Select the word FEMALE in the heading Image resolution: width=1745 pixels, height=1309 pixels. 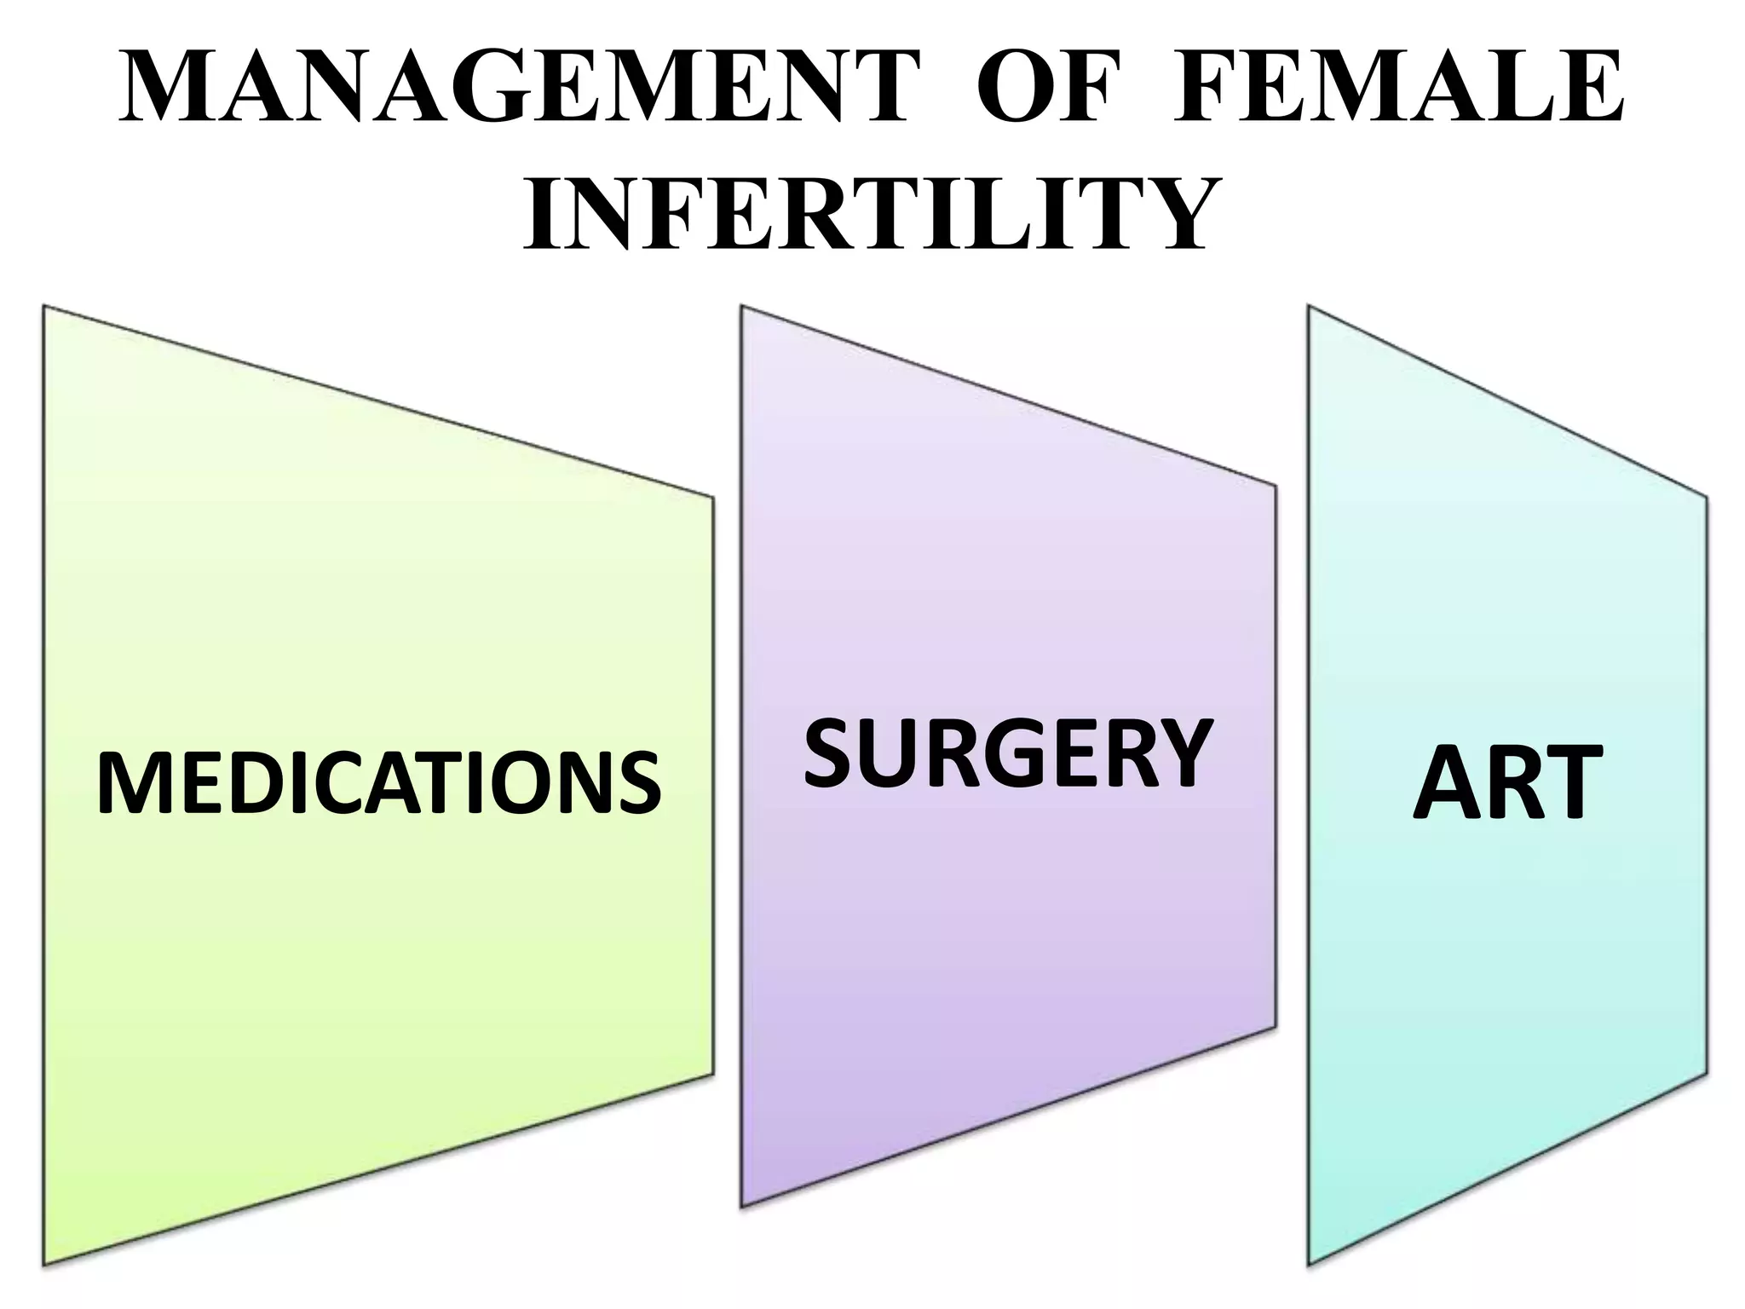coord(1397,89)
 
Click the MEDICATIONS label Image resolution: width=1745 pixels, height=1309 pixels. coord(378,783)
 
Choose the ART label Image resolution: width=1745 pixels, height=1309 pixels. coord(1506,783)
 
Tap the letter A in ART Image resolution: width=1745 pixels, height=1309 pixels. coord(1448,783)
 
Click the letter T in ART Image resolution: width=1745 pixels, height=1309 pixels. coord(1568,783)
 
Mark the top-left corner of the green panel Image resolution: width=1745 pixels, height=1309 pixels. coord(44,306)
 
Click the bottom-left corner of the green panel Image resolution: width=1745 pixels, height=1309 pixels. coord(44,1265)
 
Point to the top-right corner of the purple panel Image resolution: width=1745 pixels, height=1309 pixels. coord(1276,487)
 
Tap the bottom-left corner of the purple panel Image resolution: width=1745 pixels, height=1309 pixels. coord(742,1207)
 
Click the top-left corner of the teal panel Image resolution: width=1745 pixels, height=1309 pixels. coord(1310,307)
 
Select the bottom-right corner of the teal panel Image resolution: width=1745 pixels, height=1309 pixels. coord(1707,1074)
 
